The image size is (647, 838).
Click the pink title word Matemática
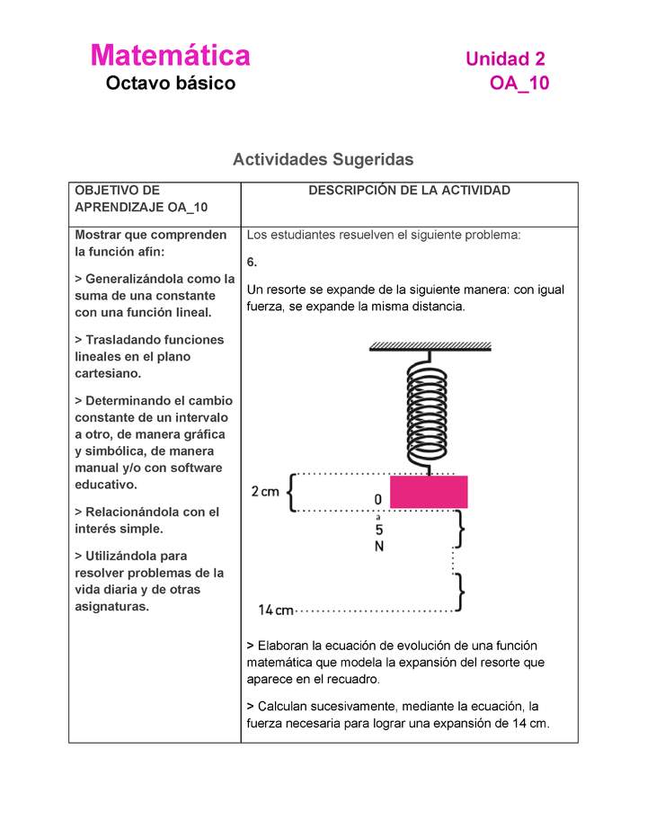coord(170,56)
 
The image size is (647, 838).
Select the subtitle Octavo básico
coord(170,84)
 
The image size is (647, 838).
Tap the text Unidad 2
coord(505,59)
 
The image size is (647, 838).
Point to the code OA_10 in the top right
coord(518,84)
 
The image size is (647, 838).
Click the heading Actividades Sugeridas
coord(323,159)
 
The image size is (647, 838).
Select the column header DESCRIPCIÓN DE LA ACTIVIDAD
coord(409,191)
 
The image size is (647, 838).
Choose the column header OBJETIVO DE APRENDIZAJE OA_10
coord(141,199)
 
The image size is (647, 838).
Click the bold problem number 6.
coord(252,262)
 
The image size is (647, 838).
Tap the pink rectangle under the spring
coord(428,492)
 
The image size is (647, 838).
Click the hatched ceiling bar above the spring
coord(429,345)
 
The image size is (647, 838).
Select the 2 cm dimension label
coord(265,492)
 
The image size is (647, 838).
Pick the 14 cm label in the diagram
coord(276,611)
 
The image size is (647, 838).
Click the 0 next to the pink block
coord(378,499)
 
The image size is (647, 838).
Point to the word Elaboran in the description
coord(285,646)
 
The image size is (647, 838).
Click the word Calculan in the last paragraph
coord(285,707)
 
